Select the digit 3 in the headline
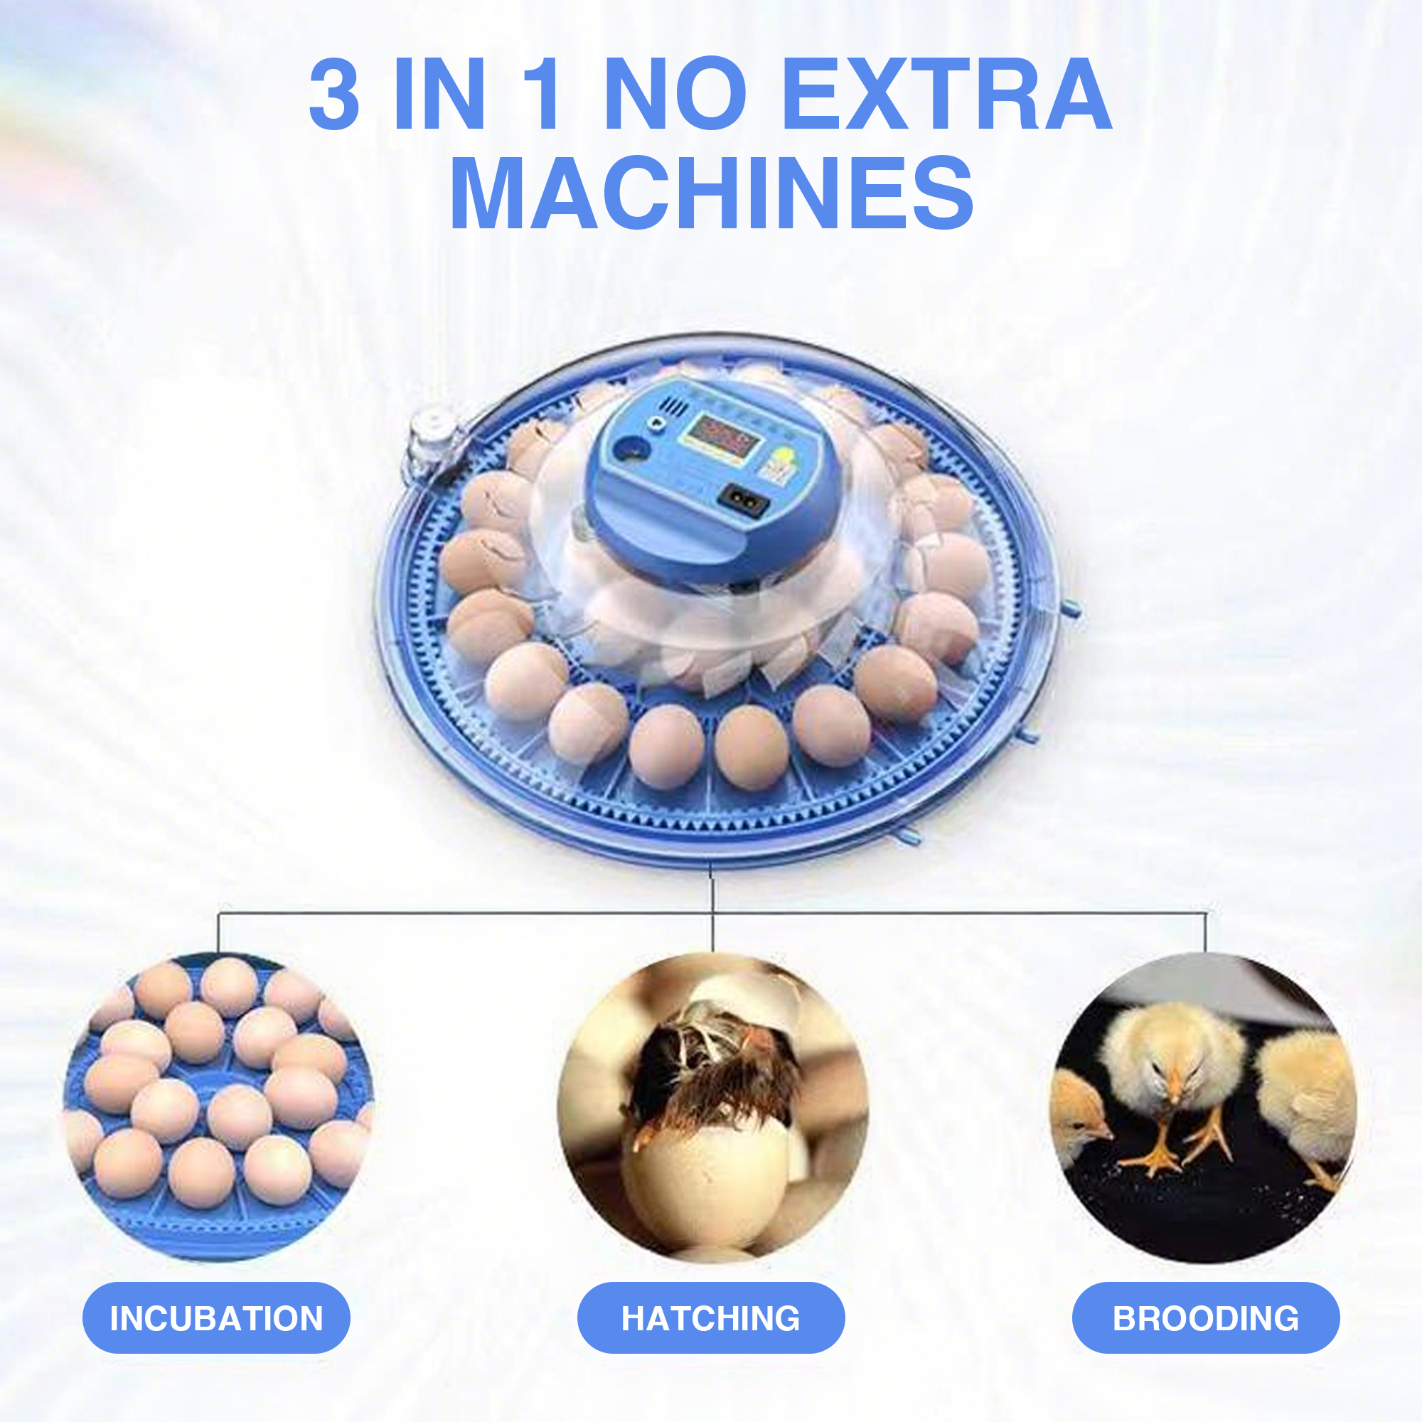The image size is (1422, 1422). click(334, 96)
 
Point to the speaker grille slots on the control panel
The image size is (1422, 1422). click(675, 406)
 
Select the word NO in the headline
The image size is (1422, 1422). click(674, 96)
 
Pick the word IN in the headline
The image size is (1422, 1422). click(439, 96)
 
